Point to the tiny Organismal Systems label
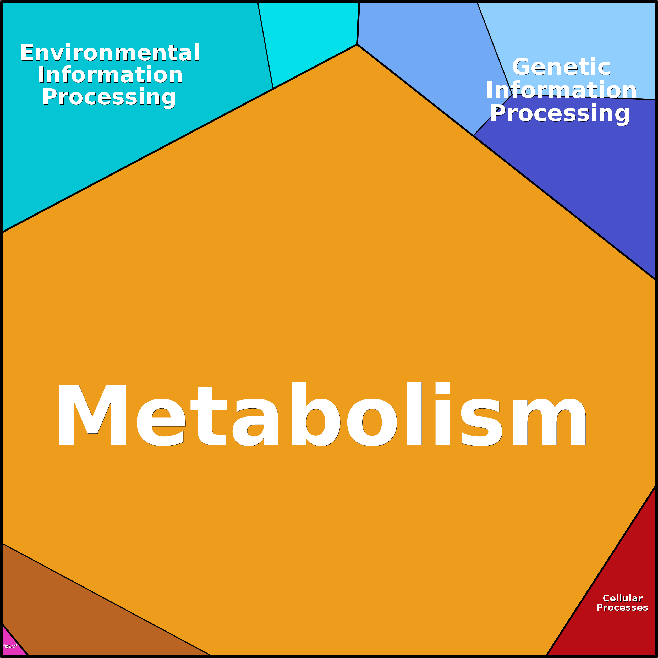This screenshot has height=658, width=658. click(x=10, y=646)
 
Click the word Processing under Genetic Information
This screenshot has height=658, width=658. click(x=560, y=113)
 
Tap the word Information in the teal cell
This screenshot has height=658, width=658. click(x=110, y=75)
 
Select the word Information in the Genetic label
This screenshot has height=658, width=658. click(x=561, y=90)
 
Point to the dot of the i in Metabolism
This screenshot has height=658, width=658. click(x=442, y=388)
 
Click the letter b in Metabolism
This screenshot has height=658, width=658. click(x=315, y=414)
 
